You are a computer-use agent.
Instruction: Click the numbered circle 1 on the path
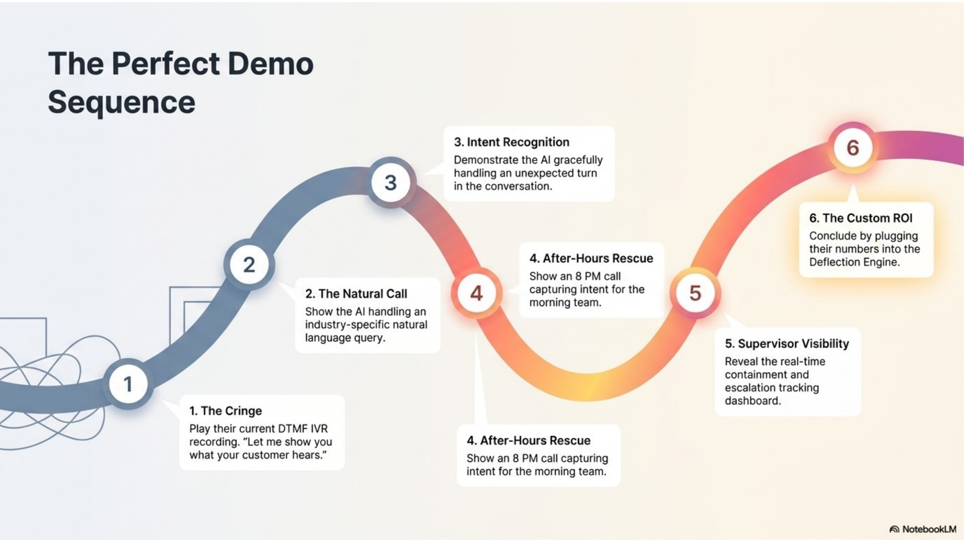point(128,384)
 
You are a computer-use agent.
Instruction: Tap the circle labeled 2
point(249,265)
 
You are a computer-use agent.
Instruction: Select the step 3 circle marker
point(391,183)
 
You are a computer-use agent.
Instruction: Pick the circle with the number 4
point(476,293)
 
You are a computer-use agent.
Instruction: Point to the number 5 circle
point(695,293)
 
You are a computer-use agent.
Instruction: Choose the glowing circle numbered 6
point(853,148)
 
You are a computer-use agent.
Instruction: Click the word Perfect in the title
point(166,64)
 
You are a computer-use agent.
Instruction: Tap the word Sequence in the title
point(122,102)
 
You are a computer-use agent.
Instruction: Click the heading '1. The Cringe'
point(225,411)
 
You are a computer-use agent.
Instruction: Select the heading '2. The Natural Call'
point(356,294)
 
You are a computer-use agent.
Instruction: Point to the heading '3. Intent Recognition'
point(512,142)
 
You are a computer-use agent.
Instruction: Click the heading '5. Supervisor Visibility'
point(787,344)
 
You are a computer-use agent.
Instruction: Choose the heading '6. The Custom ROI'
point(861,218)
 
